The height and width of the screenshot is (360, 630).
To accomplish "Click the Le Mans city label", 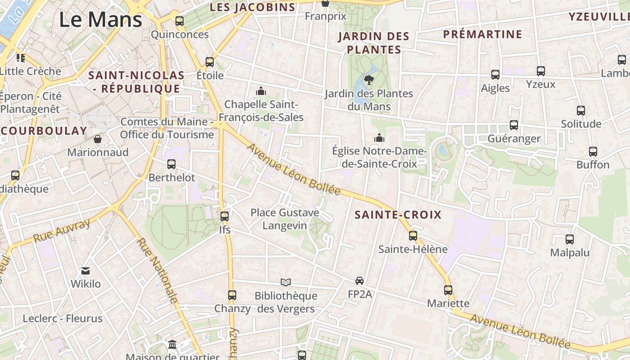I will click(x=101, y=19).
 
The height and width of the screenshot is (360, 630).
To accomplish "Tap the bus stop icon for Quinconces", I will click(x=179, y=21).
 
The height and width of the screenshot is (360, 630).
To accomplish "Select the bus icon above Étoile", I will click(x=210, y=62).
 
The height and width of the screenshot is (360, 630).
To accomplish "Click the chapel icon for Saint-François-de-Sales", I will click(x=261, y=91).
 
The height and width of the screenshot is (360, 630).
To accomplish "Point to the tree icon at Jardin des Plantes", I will click(x=369, y=80).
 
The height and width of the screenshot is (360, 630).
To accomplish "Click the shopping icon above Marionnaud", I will click(x=98, y=139).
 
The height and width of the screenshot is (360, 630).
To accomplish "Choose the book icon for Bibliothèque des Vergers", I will click(x=286, y=282).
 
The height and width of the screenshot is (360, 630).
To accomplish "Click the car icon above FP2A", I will click(x=359, y=281).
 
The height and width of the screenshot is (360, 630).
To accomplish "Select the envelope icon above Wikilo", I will click(x=85, y=270).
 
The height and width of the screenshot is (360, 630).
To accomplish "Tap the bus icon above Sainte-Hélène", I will click(x=413, y=235).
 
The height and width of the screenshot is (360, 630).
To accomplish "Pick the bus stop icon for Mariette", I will click(x=448, y=290).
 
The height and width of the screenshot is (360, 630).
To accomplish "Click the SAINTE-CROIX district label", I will click(x=398, y=215).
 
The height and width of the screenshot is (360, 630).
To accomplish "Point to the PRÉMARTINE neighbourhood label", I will click(x=482, y=34).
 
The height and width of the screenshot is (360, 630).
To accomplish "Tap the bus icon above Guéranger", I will click(x=513, y=125).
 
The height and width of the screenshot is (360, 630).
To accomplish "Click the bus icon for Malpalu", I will click(x=570, y=239).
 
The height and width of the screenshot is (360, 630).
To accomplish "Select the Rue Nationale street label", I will click(x=157, y=270).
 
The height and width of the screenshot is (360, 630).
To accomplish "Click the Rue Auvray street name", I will click(x=62, y=230).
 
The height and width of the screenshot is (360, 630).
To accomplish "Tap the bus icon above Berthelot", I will click(x=171, y=164).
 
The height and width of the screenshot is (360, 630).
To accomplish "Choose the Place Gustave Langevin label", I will click(x=285, y=219).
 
